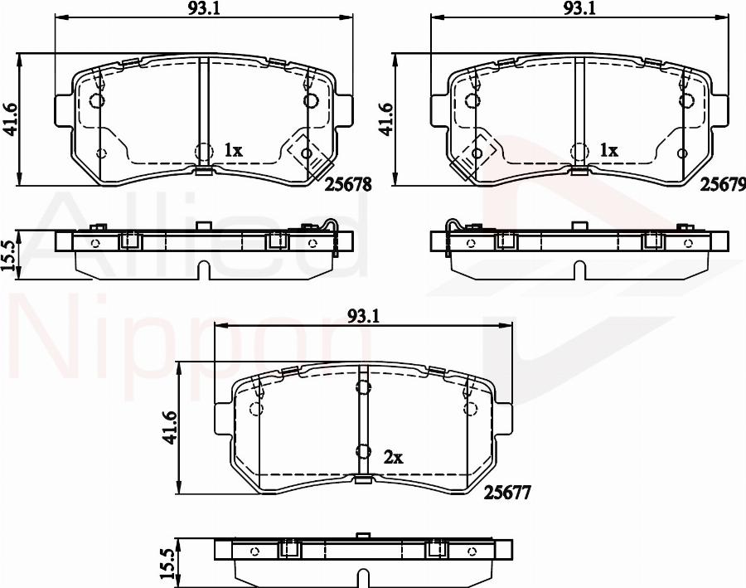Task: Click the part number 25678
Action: coord(349,186)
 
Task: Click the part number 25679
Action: coord(723,186)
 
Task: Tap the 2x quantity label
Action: coord(393,456)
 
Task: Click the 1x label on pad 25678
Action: coord(233,150)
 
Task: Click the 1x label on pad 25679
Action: coord(609,150)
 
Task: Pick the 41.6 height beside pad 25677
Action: coord(171,428)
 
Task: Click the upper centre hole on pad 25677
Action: coord(362,386)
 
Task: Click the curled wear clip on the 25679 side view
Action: coord(453,226)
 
